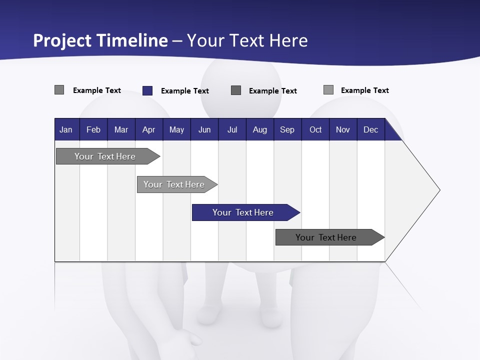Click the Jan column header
(66, 130)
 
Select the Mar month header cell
(121, 130)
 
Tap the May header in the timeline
(176, 130)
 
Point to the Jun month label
(204, 130)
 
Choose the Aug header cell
(259, 130)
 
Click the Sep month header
(287, 130)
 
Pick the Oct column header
(315, 130)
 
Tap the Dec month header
(370, 130)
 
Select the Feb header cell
(93, 130)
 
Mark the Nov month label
(342, 130)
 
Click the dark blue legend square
(147, 90)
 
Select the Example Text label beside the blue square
(184, 91)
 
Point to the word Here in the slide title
(288, 40)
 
